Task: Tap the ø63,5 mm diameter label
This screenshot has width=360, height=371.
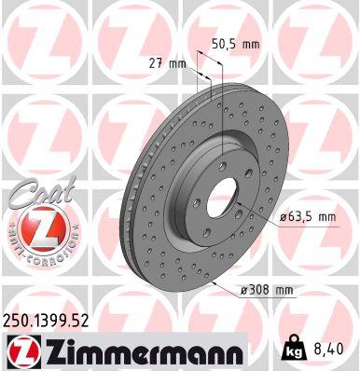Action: click(307, 216)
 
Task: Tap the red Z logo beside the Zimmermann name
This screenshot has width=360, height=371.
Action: click(21, 350)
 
